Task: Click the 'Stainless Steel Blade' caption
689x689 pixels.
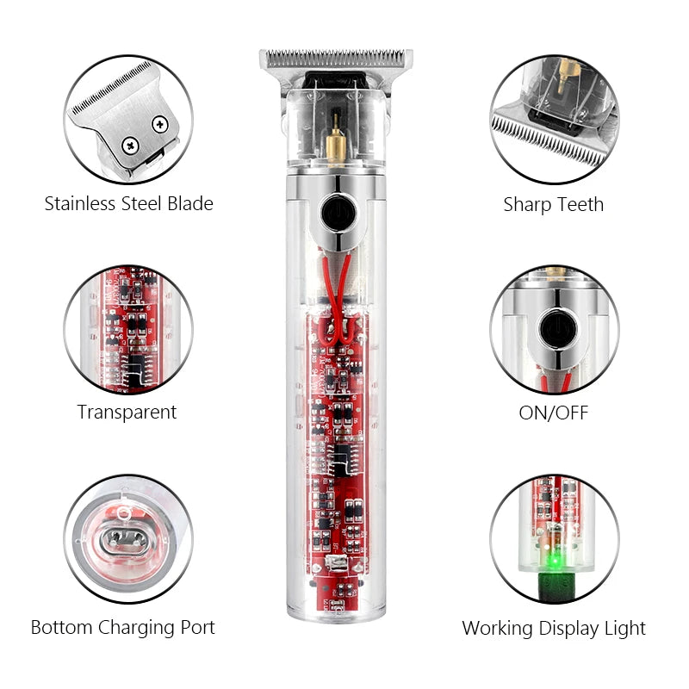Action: click(x=128, y=204)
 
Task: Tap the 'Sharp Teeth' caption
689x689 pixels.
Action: click(x=553, y=205)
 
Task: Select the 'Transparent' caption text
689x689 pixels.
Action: click(x=127, y=413)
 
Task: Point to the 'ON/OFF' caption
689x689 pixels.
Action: click(x=553, y=413)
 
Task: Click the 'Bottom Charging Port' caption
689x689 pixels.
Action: click(x=123, y=628)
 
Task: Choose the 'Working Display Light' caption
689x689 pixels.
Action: click(x=554, y=629)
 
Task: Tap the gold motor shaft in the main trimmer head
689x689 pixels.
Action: click(x=336, y=140)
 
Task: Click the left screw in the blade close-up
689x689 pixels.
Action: click(x=131, y=145)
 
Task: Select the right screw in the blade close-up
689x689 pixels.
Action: click(x=160, y=124)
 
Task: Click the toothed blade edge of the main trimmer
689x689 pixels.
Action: click(x=336, y=58)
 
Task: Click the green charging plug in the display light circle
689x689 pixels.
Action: click(x=555, y=587)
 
